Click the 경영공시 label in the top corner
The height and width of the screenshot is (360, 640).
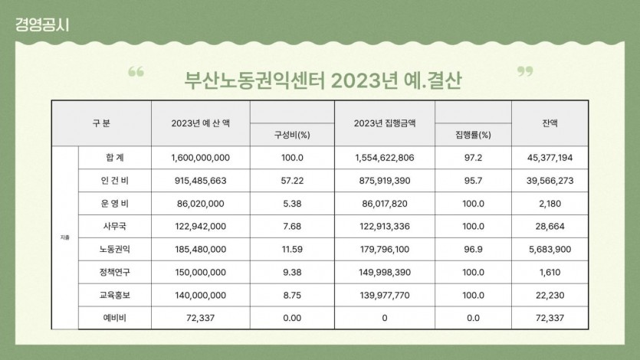coord(41,24)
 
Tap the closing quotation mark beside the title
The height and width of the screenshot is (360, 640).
coord(525,73)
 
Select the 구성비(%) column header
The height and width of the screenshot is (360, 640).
coord(291,135)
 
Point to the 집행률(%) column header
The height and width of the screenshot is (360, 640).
coord(473,135)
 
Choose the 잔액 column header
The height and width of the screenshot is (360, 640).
coord(550,123)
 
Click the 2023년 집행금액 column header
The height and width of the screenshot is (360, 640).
coord(385,123)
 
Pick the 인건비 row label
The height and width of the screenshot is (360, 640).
coord(116,181)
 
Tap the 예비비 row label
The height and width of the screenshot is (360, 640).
coord(116,318)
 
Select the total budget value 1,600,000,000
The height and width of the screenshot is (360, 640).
coord(201,158)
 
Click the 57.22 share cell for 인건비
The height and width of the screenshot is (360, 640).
coord(291,181)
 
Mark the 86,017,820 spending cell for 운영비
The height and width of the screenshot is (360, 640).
coord(385,204)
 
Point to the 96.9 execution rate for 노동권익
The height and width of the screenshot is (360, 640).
coord(473,250)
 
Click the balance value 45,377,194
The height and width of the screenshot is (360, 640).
coord(549,158)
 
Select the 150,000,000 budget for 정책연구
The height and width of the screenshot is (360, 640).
coord(201,272)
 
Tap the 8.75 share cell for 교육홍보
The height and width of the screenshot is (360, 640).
coord(291,295)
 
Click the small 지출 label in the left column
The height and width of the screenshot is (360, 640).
coord(64,238)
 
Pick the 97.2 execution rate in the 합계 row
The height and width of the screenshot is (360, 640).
coord(473,158)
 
